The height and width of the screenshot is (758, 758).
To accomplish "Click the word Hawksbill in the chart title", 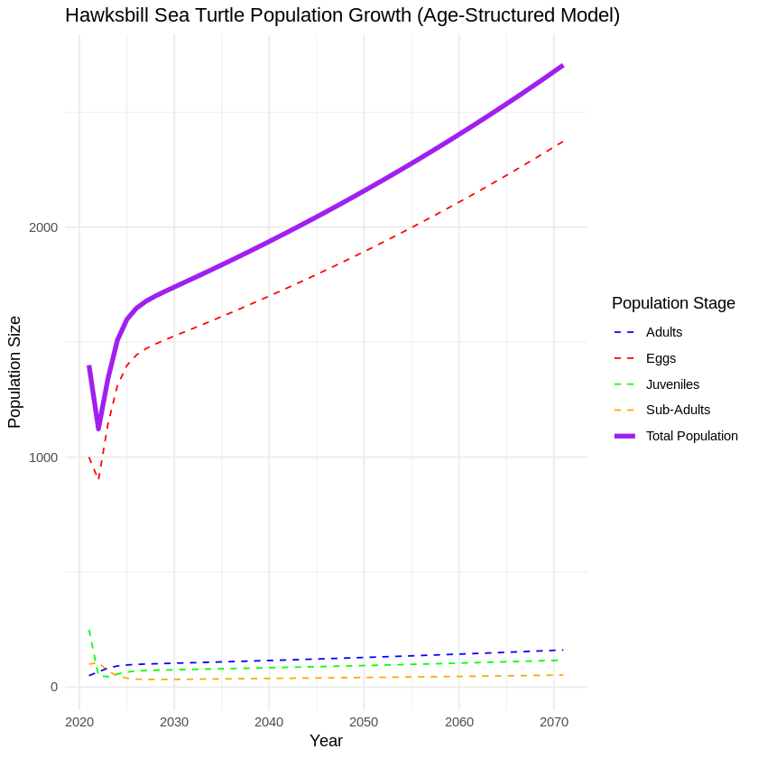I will point(108,15).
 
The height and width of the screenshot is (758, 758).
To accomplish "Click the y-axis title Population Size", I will point(14,372).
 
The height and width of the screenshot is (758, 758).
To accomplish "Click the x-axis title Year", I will point(326,741).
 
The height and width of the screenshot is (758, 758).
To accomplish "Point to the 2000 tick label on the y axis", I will point(43,227).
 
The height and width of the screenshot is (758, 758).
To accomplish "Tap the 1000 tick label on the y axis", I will point(43,458).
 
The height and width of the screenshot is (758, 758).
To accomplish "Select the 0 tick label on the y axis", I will point(53,687).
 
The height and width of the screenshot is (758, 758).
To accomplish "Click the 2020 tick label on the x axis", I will point(79,722).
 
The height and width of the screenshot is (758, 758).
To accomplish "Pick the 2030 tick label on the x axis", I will point(174,722).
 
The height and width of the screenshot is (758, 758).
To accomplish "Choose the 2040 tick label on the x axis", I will point(269,722).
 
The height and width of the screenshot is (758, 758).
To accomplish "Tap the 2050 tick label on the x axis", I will point(364,722).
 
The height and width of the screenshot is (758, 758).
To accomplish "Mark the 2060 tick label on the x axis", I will point(458,722).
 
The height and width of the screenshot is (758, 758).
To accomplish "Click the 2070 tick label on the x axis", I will point(554,722).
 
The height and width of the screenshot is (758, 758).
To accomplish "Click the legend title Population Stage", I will point(673,303).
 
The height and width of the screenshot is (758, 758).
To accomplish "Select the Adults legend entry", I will point(664,332).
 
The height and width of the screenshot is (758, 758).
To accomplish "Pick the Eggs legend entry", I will point(661,358).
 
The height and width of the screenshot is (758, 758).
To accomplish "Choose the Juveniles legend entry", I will point(672,384).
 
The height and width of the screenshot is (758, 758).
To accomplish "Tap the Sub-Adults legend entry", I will point(678,410).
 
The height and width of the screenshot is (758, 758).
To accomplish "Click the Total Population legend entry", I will point(691,436).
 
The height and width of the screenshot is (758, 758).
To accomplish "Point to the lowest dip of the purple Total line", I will point(98,429).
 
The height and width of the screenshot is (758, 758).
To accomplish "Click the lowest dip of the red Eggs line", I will point(98,479).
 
